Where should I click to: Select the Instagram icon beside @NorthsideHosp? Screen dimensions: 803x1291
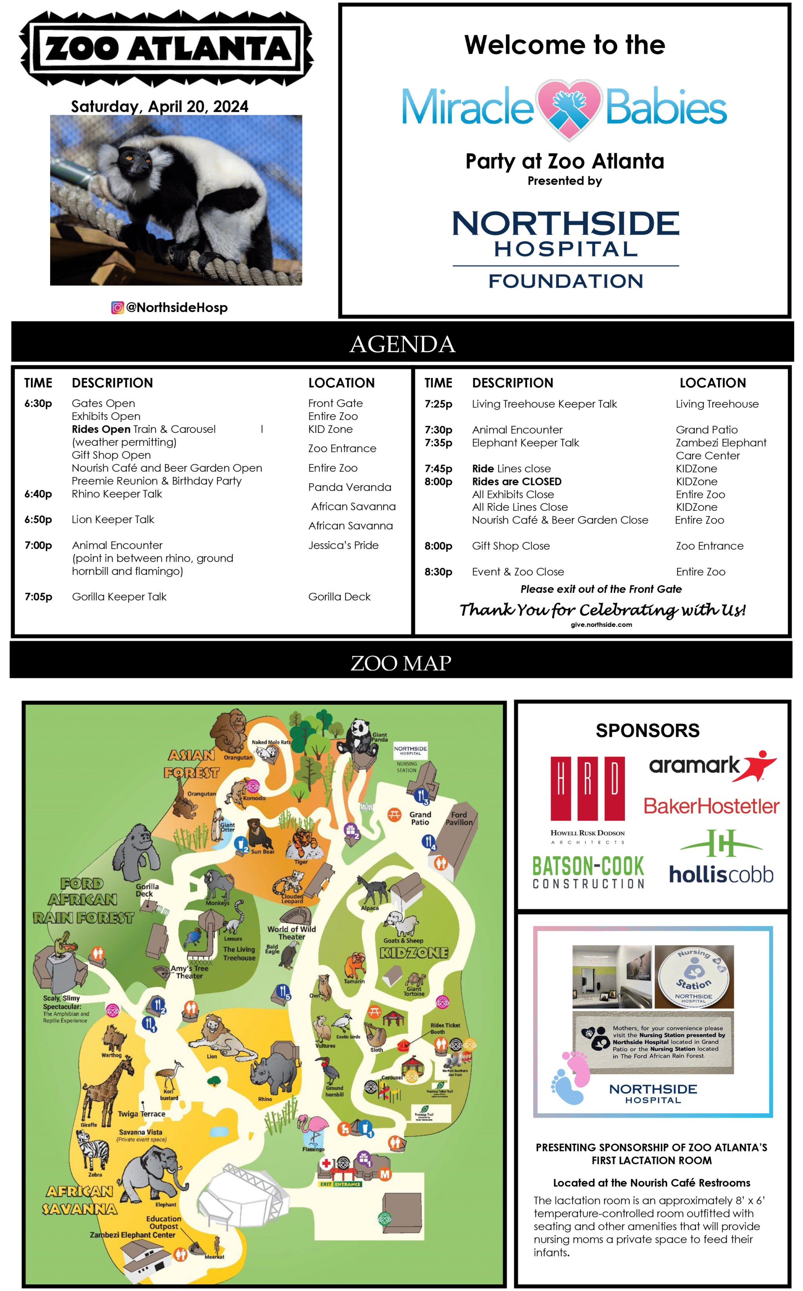pyautogui.click(x=117, y=307)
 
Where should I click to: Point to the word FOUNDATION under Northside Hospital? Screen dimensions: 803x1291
pyautogui.click(x=566, y=281)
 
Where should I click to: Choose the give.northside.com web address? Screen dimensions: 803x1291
pyautogui.click(x=601, y=625)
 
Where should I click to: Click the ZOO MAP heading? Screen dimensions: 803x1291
pyautogui.click(x=401, y=663)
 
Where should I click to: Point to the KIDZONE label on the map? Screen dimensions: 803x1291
pyautogui.click(x=414, y=953)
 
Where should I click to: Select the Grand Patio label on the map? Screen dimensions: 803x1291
pyautogui.click(x=420, y=818)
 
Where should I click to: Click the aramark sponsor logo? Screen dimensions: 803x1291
pyautogui.click(x=712, y=765)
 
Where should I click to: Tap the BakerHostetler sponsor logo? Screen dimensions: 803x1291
pyautogui.click(x=711, y=806)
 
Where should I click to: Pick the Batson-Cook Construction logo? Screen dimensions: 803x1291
pyautogui.click(x=589, y=872)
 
